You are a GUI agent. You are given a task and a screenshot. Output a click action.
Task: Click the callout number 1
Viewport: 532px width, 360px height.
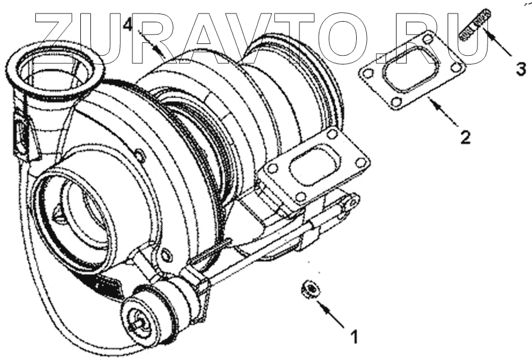[x=354, y=337]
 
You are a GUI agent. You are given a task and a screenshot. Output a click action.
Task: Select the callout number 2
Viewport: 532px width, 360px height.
[x=465, y=137]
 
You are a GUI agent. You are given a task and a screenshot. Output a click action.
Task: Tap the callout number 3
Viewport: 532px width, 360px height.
[x=521, y=69]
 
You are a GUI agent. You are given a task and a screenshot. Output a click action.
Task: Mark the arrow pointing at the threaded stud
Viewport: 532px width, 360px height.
[x=497, y=42]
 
